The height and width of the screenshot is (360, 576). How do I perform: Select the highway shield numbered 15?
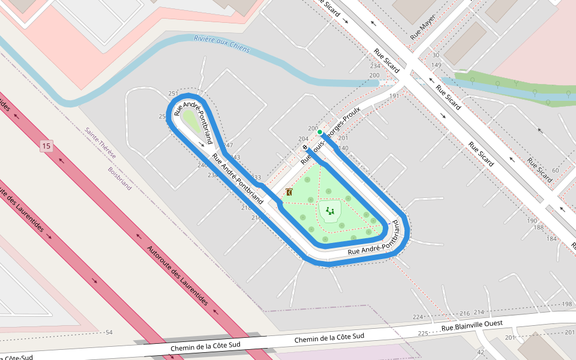click(46, 146)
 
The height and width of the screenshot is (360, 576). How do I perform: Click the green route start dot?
click(320, 132)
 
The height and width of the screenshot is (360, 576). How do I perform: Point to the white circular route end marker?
click(305, 148)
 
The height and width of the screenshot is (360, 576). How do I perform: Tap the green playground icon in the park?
click(330, 211)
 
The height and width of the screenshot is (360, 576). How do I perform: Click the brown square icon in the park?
click(289, 192)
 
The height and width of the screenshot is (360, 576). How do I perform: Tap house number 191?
click(394, 96)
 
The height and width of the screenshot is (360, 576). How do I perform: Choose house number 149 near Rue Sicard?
click(436, 65)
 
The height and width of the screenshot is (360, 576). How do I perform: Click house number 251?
click(173, 94)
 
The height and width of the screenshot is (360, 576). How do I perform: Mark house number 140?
click(343, 148)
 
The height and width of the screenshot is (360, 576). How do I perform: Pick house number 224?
click(418, 317)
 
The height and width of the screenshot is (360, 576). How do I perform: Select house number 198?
click(567, 305)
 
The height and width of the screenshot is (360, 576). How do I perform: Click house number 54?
click(109, 332)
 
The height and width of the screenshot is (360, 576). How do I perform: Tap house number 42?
click(481, 352)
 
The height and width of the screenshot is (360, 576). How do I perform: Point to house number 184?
click(551, 238)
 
